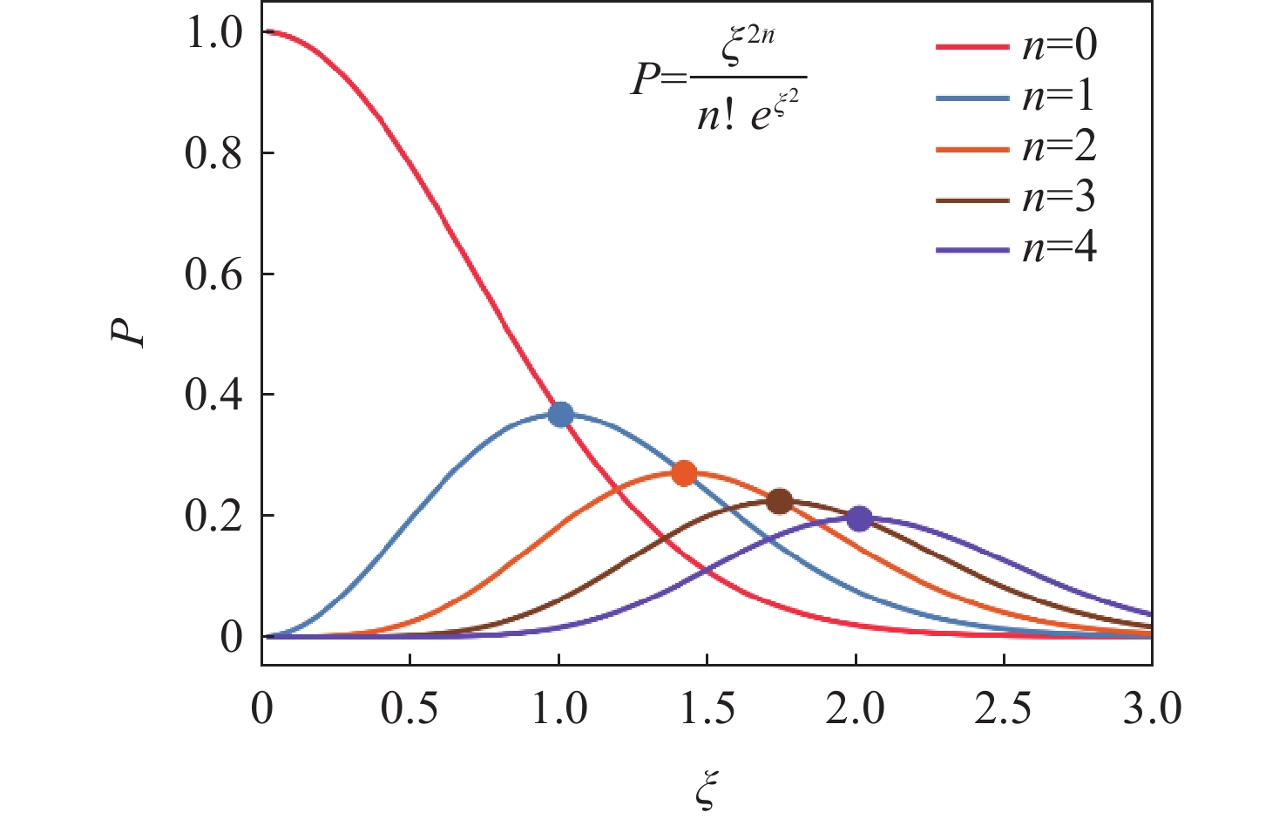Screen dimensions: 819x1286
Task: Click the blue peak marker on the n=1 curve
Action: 561,414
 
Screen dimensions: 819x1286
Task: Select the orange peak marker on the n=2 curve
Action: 684,473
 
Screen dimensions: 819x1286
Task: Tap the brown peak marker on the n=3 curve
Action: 780,501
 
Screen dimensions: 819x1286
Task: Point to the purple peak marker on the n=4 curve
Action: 859,518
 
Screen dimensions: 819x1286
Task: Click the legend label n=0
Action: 1059,44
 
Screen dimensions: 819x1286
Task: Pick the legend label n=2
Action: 1059,146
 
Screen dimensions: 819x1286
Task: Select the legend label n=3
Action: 1059,198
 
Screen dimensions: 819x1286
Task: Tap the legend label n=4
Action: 1059,249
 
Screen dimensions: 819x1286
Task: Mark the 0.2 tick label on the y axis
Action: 213,516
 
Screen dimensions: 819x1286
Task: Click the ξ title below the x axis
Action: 707,789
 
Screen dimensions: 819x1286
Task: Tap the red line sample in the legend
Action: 971,45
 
